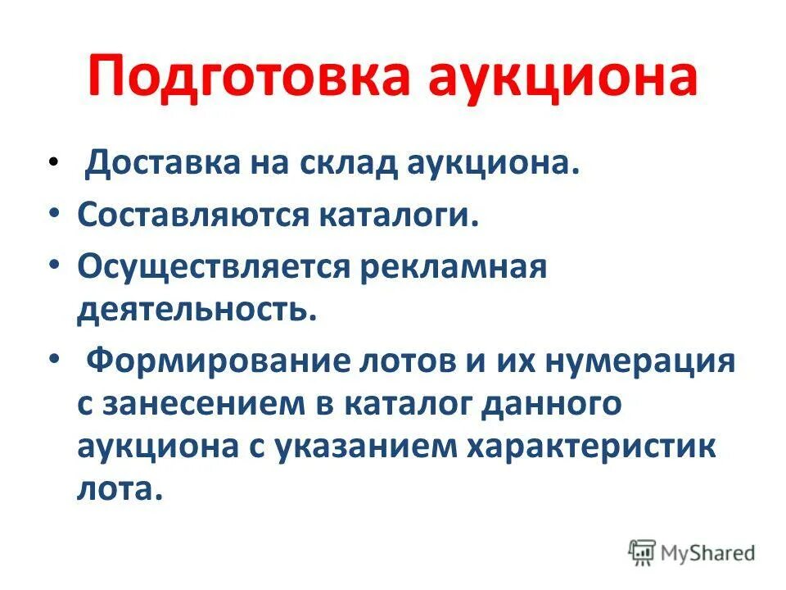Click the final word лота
pyautogui.click(x=115, y=492)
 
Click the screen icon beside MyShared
pyautogui.click(x=643, y=552)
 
